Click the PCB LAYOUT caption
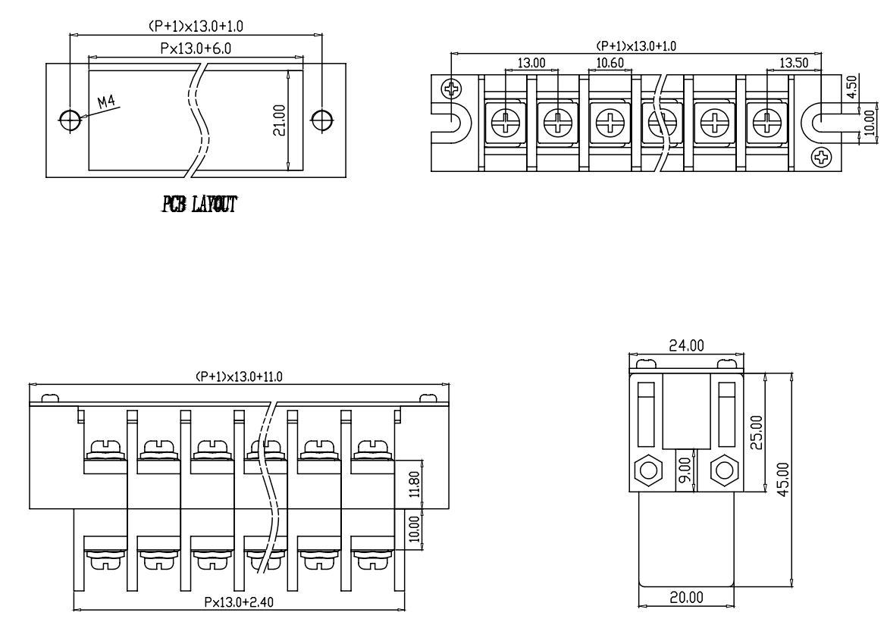(x=199, y=204)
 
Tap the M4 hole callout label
(x=106, y=102)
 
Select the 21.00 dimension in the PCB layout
(x=280, y=120)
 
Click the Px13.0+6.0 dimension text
(x=196, y=48)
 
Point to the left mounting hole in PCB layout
(x=70, y=119)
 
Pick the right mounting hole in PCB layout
(x=322, y=119)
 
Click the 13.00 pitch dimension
(x=531, y=63)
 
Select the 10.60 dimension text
(x=610, y=63)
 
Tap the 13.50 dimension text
(x=794, y=63)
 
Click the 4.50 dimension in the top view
(x=852, y=86)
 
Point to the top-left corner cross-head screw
(x=451, y=89)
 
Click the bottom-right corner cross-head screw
(x=821, y=157)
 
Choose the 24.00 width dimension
(x=686, y=345)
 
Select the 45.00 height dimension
(x=783, y=480)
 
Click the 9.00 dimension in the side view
(x=685, y=469)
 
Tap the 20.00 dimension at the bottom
(x=686, y=598)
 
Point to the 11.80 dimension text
(x=415, y=484)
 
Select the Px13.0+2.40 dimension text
(x=239, y=602)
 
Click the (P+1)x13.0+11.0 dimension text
(x=239, y=376)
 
